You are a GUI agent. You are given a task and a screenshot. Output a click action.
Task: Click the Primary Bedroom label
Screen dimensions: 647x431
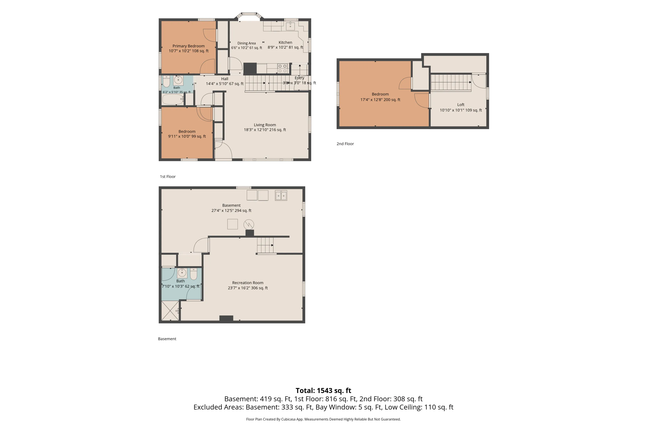pos(188,46)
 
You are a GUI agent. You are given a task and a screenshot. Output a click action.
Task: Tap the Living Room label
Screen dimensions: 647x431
pos(265,125)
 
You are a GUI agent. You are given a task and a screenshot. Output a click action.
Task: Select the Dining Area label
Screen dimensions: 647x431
pos(247,43)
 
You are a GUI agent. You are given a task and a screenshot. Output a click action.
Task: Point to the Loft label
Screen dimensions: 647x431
pos(460,105)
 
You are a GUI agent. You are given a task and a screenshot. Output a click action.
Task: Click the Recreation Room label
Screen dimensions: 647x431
pos(248,283)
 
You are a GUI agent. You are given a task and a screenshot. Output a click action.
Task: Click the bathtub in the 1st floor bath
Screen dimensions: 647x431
pos(173,99)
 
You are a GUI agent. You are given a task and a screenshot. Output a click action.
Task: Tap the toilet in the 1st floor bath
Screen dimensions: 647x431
pos(166,81)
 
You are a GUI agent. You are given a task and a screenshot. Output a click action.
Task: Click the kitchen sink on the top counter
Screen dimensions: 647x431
pos(290,26)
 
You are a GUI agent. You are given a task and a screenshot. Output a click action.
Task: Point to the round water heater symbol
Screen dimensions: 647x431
pos(249,225)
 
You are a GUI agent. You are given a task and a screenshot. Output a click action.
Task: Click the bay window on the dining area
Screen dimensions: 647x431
pos(249,16)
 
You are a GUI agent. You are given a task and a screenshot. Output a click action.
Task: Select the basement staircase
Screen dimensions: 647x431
pos(265,245)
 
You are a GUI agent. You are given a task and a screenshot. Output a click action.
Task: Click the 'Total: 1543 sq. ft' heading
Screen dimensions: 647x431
pos(323,390)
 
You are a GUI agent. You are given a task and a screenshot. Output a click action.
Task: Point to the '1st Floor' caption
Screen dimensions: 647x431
pos(168,176)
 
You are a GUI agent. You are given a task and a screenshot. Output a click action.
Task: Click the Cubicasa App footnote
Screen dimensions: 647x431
pos(323,419)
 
